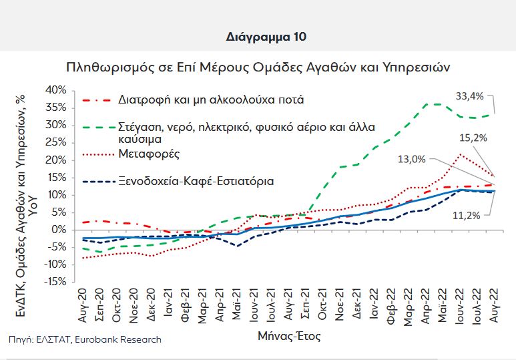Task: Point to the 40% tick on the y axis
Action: [x=55, y=90]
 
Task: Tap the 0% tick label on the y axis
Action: [x=58, y=230]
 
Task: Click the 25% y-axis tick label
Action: [x=55, y=142]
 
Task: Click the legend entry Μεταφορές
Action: [x=148, y=154]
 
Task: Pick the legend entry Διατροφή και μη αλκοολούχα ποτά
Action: [x=211, y=100]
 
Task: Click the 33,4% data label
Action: [x=470, y=97]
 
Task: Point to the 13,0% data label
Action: [x=411, y=159]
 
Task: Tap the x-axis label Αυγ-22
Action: [x=493, y=307]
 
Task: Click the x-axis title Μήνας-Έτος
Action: [x=288, y=336]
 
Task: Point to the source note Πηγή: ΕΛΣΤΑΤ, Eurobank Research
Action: [x=85, y=339]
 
